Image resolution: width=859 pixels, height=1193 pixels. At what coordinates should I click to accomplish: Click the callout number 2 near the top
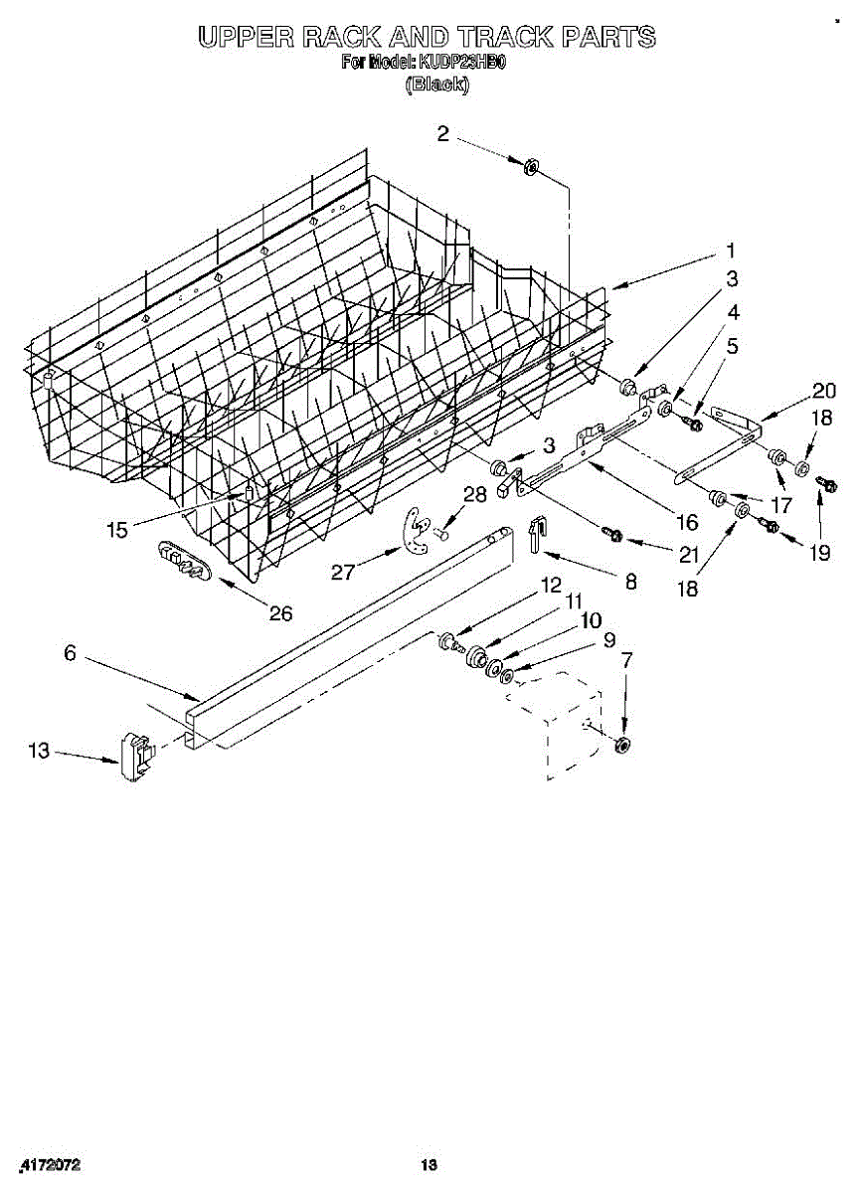tap(443, 134)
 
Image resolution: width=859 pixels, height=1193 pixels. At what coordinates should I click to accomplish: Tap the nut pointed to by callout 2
tap(531, 166)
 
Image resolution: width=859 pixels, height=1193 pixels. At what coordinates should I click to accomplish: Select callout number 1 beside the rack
tap(731, 251)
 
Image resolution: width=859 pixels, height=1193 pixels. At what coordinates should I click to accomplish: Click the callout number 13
tap(39, 751)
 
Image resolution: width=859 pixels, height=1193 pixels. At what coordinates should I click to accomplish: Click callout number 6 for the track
tap(70, 653)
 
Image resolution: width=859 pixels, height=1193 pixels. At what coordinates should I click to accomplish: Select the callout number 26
tap(281, 613)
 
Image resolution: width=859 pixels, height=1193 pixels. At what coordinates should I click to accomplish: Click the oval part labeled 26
tap(185, 562)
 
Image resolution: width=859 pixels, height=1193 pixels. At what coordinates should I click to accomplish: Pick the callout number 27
tap(343, 571)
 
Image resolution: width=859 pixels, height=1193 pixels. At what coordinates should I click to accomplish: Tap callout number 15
tap(117, 530)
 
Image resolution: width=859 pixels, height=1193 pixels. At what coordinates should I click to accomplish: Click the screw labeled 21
tap(612, 537)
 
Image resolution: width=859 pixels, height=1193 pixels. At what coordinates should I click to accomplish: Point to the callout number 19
tap(819, 553)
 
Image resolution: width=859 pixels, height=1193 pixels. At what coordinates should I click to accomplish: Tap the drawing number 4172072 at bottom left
tap(50, 1164)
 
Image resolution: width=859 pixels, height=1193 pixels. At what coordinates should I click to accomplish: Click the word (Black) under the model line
tap(434, 85)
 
